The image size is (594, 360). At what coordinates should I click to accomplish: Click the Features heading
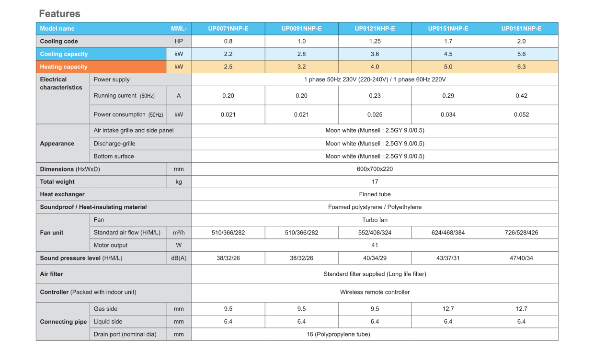click(59, 13)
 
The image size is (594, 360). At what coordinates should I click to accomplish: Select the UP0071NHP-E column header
click(228, 29)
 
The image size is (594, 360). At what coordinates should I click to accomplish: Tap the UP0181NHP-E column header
click(521, 29)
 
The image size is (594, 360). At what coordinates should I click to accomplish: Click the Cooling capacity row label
click(64, 54)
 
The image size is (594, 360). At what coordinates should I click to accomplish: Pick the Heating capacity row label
click(64, 67)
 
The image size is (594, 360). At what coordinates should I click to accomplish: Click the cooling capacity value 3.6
click(375, 54)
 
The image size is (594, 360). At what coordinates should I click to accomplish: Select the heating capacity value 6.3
click(521, 67)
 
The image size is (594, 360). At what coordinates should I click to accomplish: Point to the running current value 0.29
click(448, 96)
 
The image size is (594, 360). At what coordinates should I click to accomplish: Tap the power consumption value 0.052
click(521, 114)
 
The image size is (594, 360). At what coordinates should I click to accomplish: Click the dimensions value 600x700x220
click(375, 169)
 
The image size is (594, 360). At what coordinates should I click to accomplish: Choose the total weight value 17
click(375, 181)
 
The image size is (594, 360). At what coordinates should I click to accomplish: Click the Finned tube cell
click(375, 194)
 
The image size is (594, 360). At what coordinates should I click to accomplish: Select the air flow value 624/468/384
click(448, 233)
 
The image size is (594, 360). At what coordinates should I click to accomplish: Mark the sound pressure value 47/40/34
click(521, 258)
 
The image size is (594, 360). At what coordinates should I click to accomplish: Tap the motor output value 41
click(375, 245)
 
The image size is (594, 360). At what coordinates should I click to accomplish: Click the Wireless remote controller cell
click(375, 292)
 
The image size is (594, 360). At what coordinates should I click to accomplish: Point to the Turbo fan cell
click(375, 220)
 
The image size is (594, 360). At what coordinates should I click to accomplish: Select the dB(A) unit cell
click(179, 258)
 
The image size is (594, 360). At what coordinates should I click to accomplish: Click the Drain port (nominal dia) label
click(125, 334)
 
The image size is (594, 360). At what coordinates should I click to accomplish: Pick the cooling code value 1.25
click(375, 41)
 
